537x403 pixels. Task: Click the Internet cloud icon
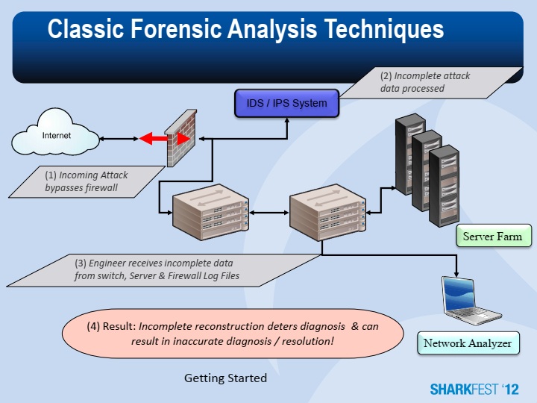point(57,137)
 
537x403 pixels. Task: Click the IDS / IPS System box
point(287,103)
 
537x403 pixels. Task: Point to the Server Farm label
point(493,237)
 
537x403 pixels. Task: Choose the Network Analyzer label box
point(468,343)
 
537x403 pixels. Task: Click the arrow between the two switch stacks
point(268,213)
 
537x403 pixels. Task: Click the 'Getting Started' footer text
point(225,378)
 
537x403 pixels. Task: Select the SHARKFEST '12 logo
point(474,389)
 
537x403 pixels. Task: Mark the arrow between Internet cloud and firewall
point(119,139)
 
